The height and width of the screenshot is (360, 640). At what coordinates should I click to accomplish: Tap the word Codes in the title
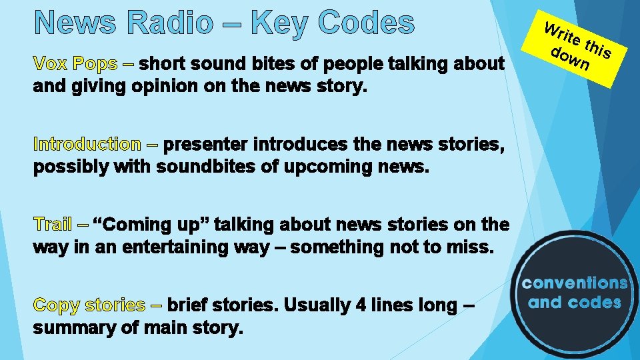[366, 23]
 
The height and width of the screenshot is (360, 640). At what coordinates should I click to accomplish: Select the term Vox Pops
[75, 64]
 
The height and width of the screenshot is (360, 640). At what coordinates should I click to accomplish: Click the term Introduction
[87, 144]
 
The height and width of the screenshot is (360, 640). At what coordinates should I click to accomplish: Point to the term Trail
[53, 224]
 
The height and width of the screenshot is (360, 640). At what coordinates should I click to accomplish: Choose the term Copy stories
[89, 305]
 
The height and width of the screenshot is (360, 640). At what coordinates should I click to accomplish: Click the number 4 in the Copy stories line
[361, 305]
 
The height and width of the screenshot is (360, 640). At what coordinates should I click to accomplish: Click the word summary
[73, 328]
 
